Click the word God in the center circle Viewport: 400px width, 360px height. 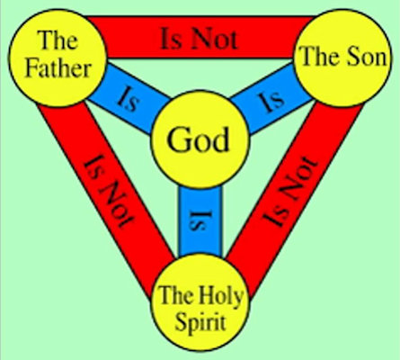[198, 139]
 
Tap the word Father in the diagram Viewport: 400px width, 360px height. [58, 68]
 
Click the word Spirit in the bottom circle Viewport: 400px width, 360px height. [200, 323]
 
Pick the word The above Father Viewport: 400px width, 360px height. [57, 40]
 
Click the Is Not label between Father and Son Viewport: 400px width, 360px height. [200, 39]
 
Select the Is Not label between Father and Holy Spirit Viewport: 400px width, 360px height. [109, 191]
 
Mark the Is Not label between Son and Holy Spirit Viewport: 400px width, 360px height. [289, 191]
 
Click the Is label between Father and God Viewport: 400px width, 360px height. [129, 99]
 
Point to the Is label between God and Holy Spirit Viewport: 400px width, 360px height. [200, 220]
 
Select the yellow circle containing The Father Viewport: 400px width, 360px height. [58, 58]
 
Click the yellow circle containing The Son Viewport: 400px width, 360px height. [342, 58]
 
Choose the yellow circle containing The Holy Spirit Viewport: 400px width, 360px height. [200, 302]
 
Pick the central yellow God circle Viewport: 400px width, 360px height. [200, 139]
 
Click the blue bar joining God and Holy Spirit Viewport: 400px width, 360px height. [200, 221]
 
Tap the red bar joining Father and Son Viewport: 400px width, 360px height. [200, 37]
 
